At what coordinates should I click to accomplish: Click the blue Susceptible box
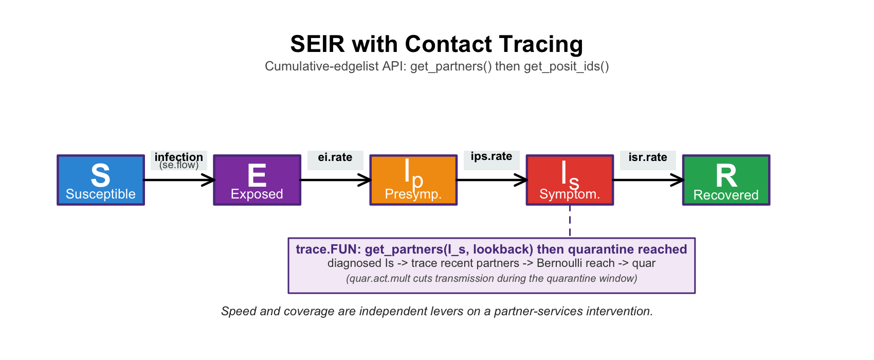(101, 180)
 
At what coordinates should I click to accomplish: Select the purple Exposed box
(257, 180)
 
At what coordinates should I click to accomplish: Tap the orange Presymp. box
(413, 180)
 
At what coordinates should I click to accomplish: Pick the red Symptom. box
(570, 180)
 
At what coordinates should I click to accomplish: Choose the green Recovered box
(726, 180)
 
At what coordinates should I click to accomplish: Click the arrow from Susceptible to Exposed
(179, 180)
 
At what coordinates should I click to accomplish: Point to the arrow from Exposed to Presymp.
(336, 180)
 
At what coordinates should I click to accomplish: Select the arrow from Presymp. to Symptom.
(492, 180)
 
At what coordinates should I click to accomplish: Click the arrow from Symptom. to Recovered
(648, 180)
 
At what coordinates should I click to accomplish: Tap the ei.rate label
(335, 157)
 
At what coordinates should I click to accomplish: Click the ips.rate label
(491, 156)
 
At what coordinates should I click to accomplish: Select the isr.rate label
(648, 157)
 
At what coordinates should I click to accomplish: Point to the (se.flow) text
(179, 165)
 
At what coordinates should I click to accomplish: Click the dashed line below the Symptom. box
(570, 221)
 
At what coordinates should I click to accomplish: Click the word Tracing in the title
(541, 44)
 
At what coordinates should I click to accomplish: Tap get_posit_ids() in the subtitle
(566, 66)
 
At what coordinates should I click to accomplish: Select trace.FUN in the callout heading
(328, 249)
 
